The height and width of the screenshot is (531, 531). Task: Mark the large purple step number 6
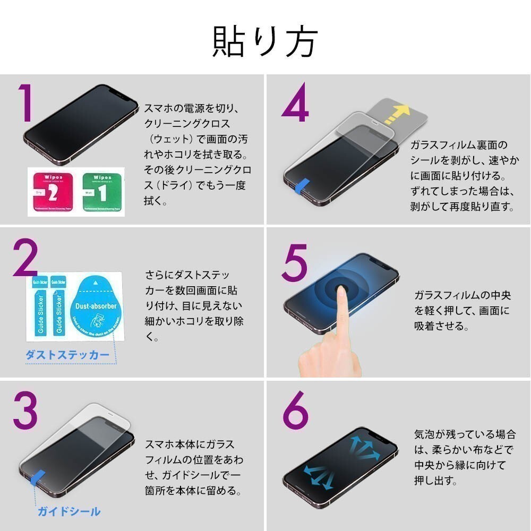tap(295, 412)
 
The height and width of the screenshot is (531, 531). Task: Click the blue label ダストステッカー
tap(68, 355)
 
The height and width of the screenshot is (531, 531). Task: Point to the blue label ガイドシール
tap(68, 512)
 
